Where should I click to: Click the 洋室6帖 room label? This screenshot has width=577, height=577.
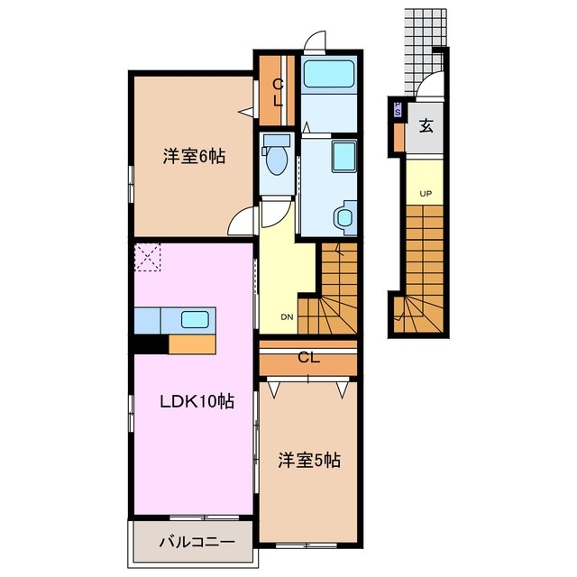tap(193, 156)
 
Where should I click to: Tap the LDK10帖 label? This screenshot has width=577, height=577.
tap(197, 401)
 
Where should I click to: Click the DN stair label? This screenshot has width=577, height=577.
tap(286, 316)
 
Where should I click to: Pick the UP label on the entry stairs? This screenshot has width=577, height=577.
tap(424, 194)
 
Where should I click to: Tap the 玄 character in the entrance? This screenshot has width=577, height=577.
tap(426, 126)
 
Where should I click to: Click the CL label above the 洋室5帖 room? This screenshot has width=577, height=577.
tap(308, 358)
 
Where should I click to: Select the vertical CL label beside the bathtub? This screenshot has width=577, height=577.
tap(278, 92)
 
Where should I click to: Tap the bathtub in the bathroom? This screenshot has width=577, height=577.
tap(329, 73)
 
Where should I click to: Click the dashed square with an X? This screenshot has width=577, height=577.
tap(147, 257)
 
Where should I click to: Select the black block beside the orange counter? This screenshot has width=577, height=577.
tap(150, 343)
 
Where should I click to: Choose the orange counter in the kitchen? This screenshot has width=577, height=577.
tap(191, 343)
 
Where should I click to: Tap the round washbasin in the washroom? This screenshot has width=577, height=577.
tap(343, 217)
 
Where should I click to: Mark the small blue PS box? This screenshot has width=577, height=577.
tap(397, 111)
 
